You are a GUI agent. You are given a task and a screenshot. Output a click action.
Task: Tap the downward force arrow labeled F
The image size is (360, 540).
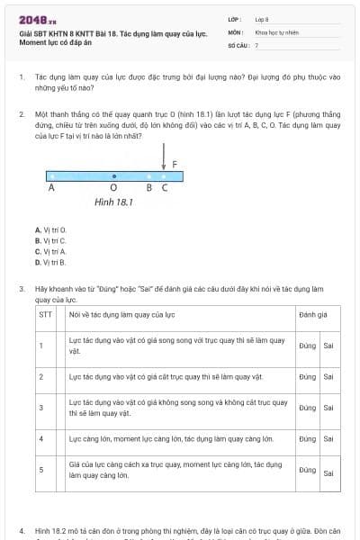(164, 162)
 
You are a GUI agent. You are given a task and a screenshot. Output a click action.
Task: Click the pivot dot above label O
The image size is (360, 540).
(113, 176)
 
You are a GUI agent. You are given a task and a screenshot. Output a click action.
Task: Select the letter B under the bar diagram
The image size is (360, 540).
(149, 188)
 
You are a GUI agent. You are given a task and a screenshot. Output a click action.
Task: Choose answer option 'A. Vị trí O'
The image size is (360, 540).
(50, 229)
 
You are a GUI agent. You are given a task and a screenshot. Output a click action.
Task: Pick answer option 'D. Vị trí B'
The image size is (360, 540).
(50, 262)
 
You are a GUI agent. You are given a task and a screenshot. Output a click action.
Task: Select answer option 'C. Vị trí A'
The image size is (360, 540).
(50, 251)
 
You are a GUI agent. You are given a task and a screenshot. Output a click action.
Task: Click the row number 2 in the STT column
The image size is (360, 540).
(41, 376)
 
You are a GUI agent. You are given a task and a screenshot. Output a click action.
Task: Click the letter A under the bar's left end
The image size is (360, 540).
(51, 188)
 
